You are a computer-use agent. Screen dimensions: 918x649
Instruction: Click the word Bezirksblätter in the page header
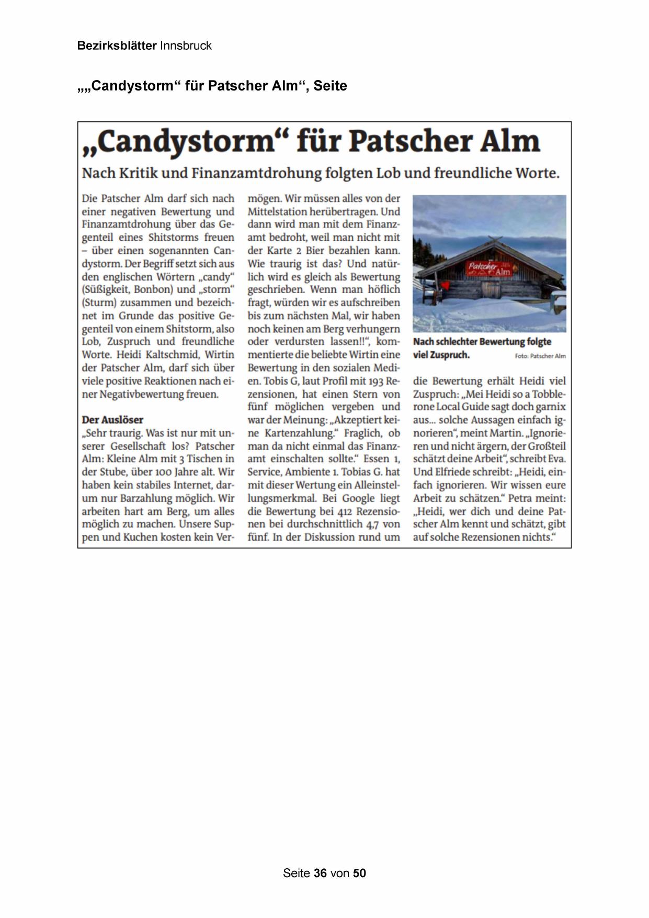(x=117, y=46)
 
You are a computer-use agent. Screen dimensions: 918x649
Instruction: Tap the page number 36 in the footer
(x=320, y=873)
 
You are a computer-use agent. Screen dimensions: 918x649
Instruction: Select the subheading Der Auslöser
(x=112, y=420)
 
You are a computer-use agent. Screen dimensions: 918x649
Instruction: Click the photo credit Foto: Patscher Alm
(x=540, y=356)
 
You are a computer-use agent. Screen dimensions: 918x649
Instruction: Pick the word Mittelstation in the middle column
(x=277, y=211)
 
